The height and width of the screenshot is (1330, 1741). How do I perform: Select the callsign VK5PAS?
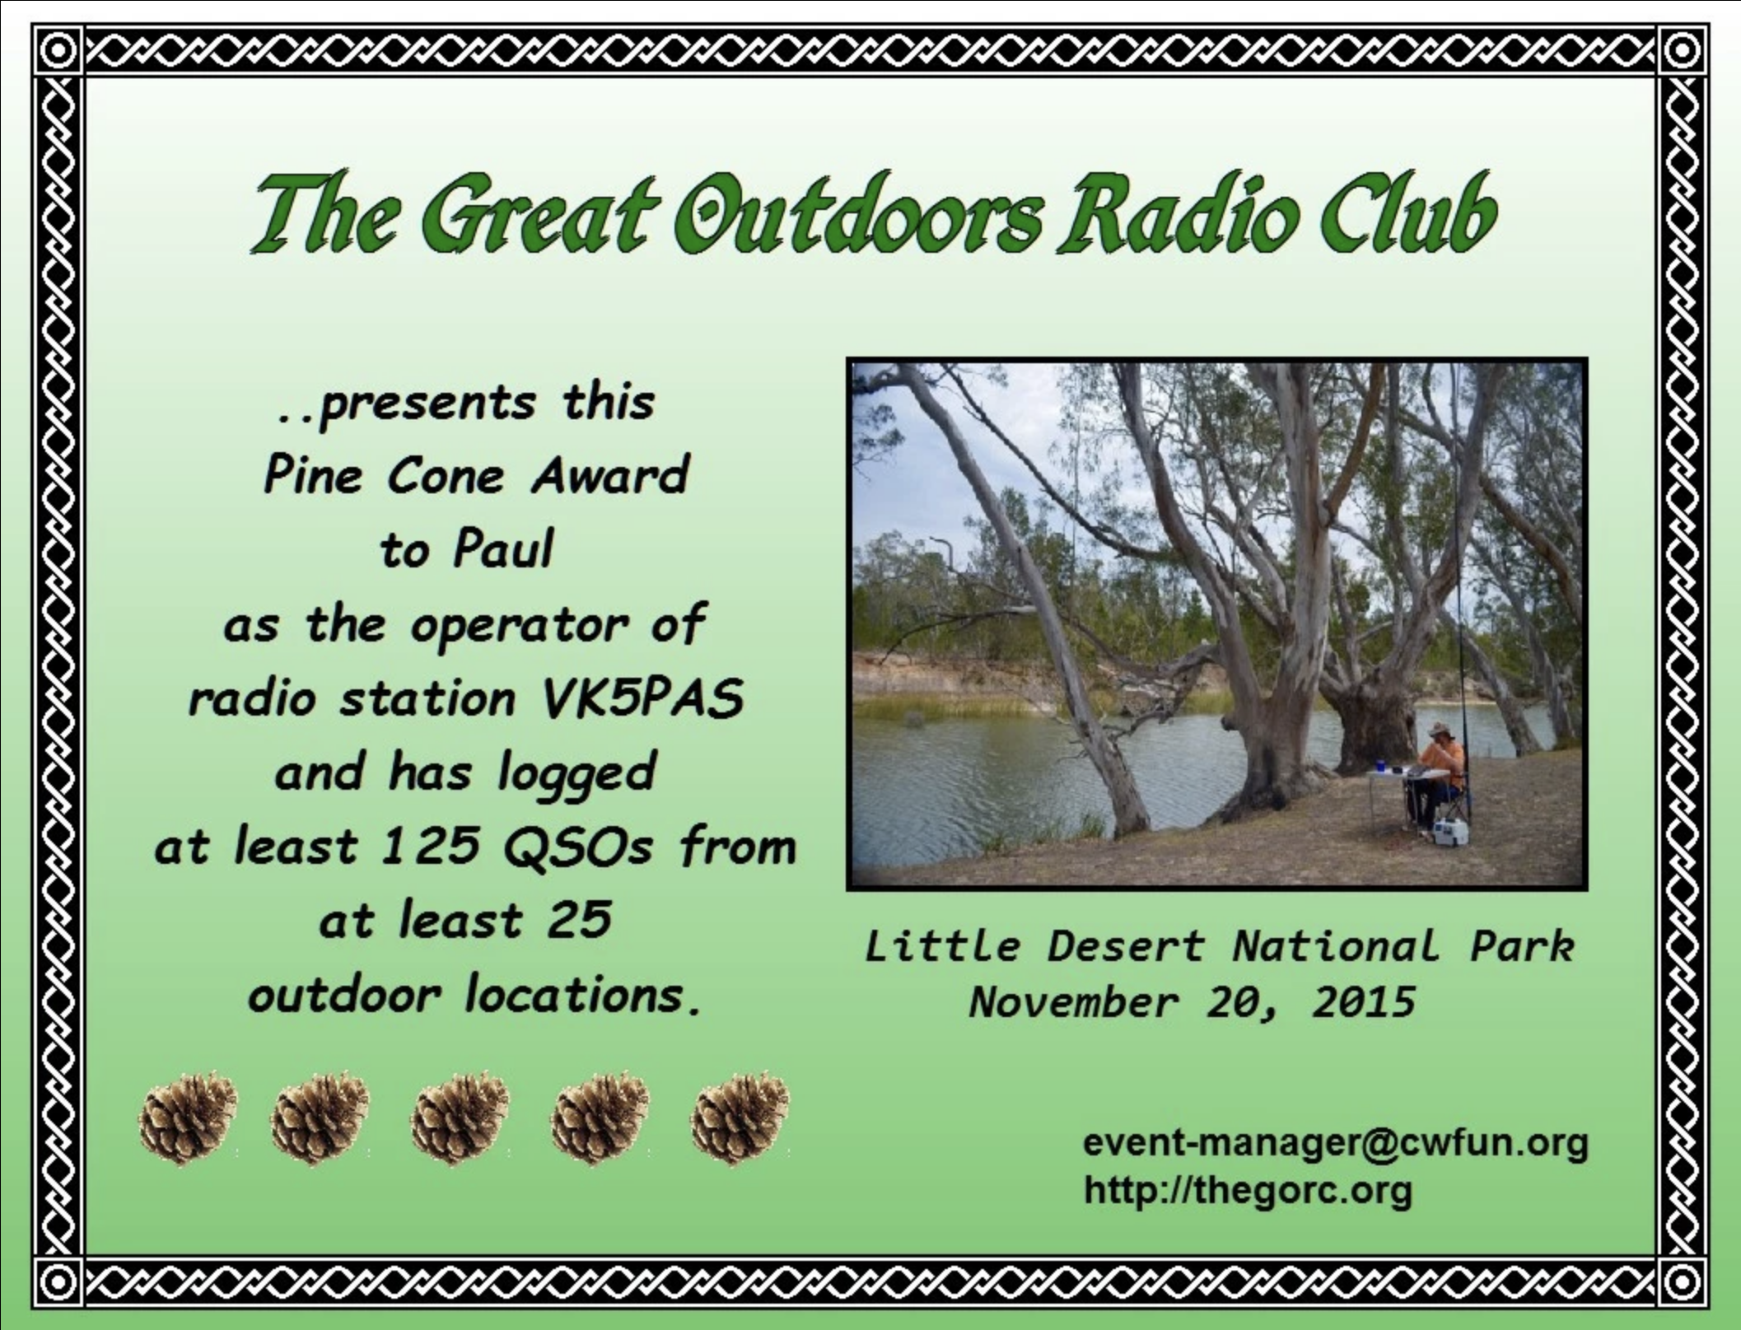pos(642,698)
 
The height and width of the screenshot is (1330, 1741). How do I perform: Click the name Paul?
pos(503,548)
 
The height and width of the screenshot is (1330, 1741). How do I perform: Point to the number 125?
pos(431,846)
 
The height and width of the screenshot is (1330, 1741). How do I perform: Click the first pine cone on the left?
pos(189,1118)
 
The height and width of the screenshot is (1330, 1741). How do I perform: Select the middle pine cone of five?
pos(460,1118)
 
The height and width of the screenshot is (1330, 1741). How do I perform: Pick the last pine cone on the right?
pos(740,1118)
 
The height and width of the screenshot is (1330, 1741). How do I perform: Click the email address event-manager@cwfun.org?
pos(1335,1143)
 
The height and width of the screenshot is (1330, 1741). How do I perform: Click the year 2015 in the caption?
pos(1364,1002)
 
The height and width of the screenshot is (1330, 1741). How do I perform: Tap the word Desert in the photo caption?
pos(1125,946)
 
